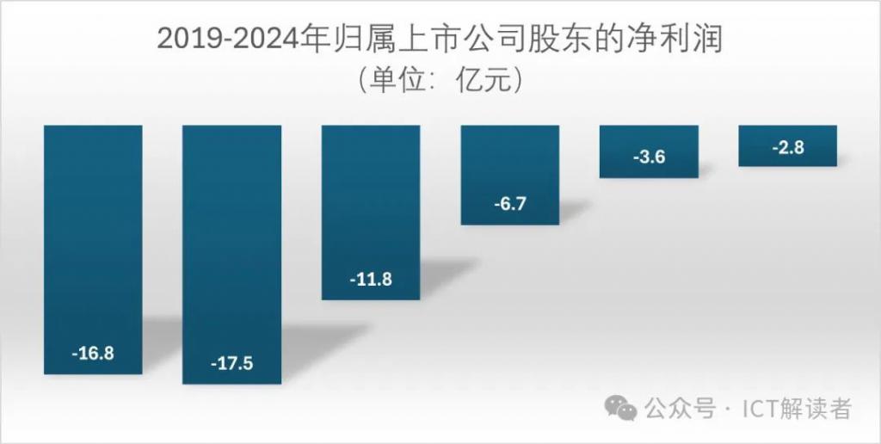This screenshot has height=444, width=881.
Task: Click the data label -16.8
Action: [x=93, y=354]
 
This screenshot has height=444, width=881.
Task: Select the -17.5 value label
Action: [x=231, y=363]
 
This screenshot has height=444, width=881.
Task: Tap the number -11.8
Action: [x=371, y=280]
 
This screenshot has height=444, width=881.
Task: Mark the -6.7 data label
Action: [x=510, y=205]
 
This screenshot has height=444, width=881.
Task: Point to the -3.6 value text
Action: [x=649, y=157]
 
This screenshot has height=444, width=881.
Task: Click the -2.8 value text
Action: [x=787, y=147]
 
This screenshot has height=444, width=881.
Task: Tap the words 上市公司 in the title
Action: [x=459, y=39]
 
